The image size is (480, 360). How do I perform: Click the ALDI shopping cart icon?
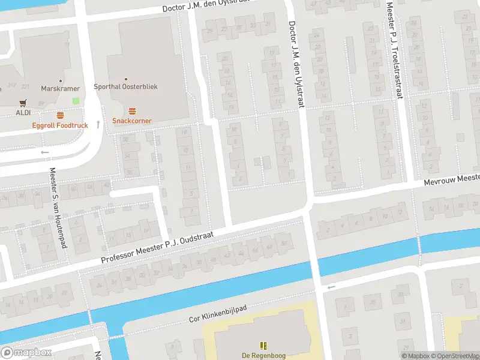pyautogui.click(x=23, y=103)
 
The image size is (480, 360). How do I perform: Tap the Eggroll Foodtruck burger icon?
pyautogui.click(x=60, y=115)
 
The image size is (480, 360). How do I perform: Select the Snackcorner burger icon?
pyautogui.click(x=132, y=110)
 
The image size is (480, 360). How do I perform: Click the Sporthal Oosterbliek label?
pyautogui.click(x=125, y=86)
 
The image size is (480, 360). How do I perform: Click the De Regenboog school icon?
pyautogui.click(x=263, y=345)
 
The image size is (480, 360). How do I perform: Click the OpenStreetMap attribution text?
pyautogui.click(x=454, y=355)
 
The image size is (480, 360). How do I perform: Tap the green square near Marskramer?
pyautogui.click(x=76, y=101)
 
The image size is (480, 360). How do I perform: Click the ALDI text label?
pyautogui.click(x=23, y=112)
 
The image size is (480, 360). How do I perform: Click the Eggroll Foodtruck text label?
pyautogui.click(x=60, y=125)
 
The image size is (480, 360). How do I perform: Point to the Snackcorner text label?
pyautogui.click(x=132, y=121)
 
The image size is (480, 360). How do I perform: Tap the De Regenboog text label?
pyautogui.click(x=263, y=355)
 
